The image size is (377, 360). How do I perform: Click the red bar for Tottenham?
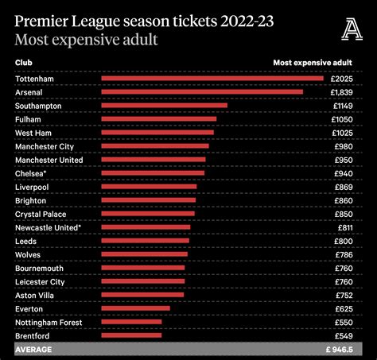coord(212,78)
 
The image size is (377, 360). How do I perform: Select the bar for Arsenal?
coord(202,91)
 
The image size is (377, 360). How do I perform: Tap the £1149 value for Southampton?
coord(342,106)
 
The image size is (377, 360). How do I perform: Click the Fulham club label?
coord(27,119)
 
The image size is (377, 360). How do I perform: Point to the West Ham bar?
coord(157,133)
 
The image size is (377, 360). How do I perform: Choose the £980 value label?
coord(344,146)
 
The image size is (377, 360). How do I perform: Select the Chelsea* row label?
coord(31,173)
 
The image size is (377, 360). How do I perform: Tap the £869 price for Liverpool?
coord(344,187)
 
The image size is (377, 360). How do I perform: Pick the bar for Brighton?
coord(148,200)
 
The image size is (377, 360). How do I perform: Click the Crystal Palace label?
coord(41,214)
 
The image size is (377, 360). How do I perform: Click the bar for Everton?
coord(135,308)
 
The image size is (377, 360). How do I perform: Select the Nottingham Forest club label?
coord(49,322)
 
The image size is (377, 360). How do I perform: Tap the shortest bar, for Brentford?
coord(131,335)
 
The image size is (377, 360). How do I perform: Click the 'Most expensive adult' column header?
coord(313,61)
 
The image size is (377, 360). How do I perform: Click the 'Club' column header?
coord(23,61)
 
